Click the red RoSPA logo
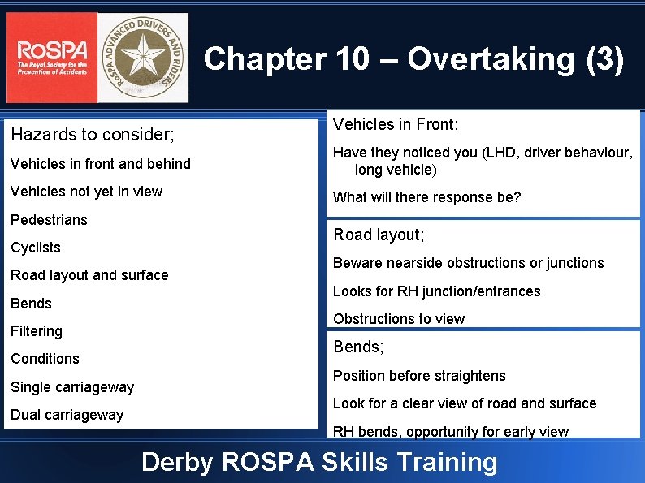tap(51, 58)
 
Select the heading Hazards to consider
tap(92, 133)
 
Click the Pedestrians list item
tap(49, 220)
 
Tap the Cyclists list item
tap(36, 248)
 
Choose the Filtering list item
tap(37, 331)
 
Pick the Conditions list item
tap(45, 359)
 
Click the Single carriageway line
tap(72, 387)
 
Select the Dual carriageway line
tap(67, 415)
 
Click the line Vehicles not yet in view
tap(86, 192)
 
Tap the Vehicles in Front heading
tap(396, 124)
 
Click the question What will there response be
tap(426, 197)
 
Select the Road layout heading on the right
tap(379, 235)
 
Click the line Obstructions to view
tap(399, 319)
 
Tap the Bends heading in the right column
tap(358, 347)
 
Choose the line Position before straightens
tap(419, 376)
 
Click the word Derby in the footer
tap(176, 462)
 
